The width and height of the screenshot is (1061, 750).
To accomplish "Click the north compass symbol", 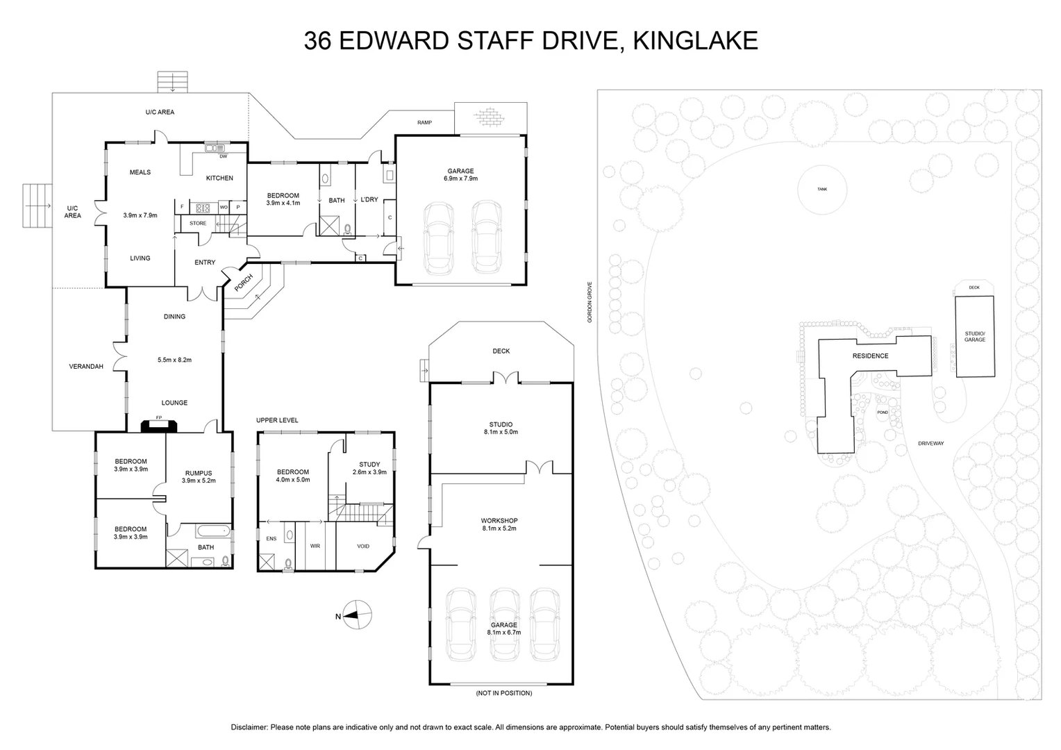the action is (357, 615).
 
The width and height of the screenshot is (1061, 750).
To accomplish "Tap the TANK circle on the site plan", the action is (822, 190).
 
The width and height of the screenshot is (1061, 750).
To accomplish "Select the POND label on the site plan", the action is (883, 412).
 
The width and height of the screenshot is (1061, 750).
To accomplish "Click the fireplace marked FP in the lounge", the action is (159, 426).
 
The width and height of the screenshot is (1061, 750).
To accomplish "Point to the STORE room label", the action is (198, 223).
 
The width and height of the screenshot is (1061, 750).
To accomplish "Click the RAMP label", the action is (424, 122).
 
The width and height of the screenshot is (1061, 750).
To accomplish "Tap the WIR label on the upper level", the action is (315, 546).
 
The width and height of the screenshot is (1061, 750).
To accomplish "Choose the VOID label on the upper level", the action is (363, 547).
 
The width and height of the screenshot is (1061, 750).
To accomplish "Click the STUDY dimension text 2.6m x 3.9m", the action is (369, 472).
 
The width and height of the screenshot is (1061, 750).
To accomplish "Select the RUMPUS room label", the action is (199, 473).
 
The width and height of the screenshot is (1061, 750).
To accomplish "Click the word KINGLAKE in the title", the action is (695, 40).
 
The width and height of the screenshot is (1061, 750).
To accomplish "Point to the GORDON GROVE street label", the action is (590, 302).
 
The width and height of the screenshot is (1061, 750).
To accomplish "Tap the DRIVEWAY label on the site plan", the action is (930, 444).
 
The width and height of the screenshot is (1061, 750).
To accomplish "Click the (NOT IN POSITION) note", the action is (504, 692).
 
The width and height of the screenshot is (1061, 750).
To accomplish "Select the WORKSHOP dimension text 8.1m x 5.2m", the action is (499, 528).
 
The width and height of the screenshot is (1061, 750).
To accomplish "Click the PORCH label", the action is (244, 283).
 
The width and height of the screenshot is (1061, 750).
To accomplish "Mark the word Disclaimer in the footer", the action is (249, 727).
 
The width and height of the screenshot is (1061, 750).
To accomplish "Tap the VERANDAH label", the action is (86, 366).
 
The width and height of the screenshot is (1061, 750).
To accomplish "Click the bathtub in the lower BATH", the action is (213, 530).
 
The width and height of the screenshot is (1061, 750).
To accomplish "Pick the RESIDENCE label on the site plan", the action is (871, 356).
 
